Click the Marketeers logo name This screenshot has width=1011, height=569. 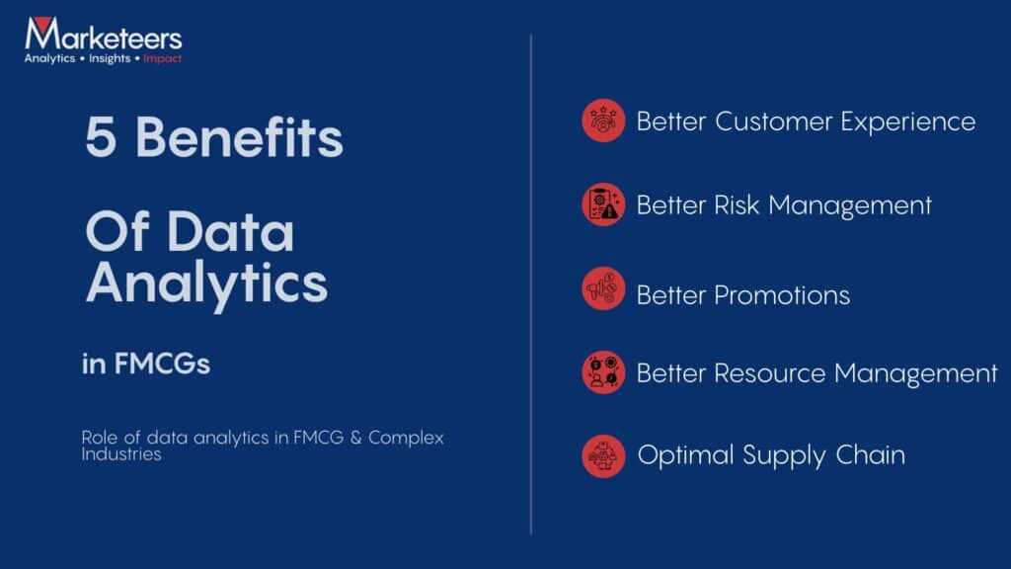coord(103,37)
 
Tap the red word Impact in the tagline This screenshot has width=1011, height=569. coord(162,59)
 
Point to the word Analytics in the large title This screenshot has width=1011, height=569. coord(206,283)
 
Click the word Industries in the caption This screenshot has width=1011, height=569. coord(121,455)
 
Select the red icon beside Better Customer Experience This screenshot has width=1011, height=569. coord(602,121)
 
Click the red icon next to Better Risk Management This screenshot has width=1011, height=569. coord(602,205)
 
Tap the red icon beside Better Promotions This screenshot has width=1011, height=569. coord(602,289)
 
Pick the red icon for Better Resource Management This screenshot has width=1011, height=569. coord(602,373)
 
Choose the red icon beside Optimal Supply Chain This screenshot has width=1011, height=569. coord(602,455)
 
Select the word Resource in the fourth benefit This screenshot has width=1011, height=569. coord(770,373)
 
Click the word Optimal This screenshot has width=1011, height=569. coord(685,455)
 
